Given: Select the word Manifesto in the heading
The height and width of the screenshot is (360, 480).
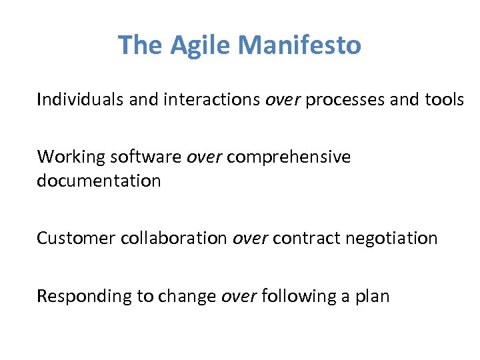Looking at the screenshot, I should (299, 45).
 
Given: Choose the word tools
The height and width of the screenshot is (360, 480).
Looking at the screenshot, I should (444, 100).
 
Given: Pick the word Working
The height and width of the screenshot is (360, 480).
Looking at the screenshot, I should (71, 157).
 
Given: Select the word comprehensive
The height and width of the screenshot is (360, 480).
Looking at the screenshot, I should (289, 157).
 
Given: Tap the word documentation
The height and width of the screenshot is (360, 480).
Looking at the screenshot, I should (99, 181).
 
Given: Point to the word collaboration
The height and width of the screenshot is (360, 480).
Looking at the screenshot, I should (174, 238).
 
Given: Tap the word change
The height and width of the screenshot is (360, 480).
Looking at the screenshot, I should (192, 295).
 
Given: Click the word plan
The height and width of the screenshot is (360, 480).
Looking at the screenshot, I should (374, 295).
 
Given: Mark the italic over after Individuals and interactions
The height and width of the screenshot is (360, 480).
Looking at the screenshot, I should (283, 100).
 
